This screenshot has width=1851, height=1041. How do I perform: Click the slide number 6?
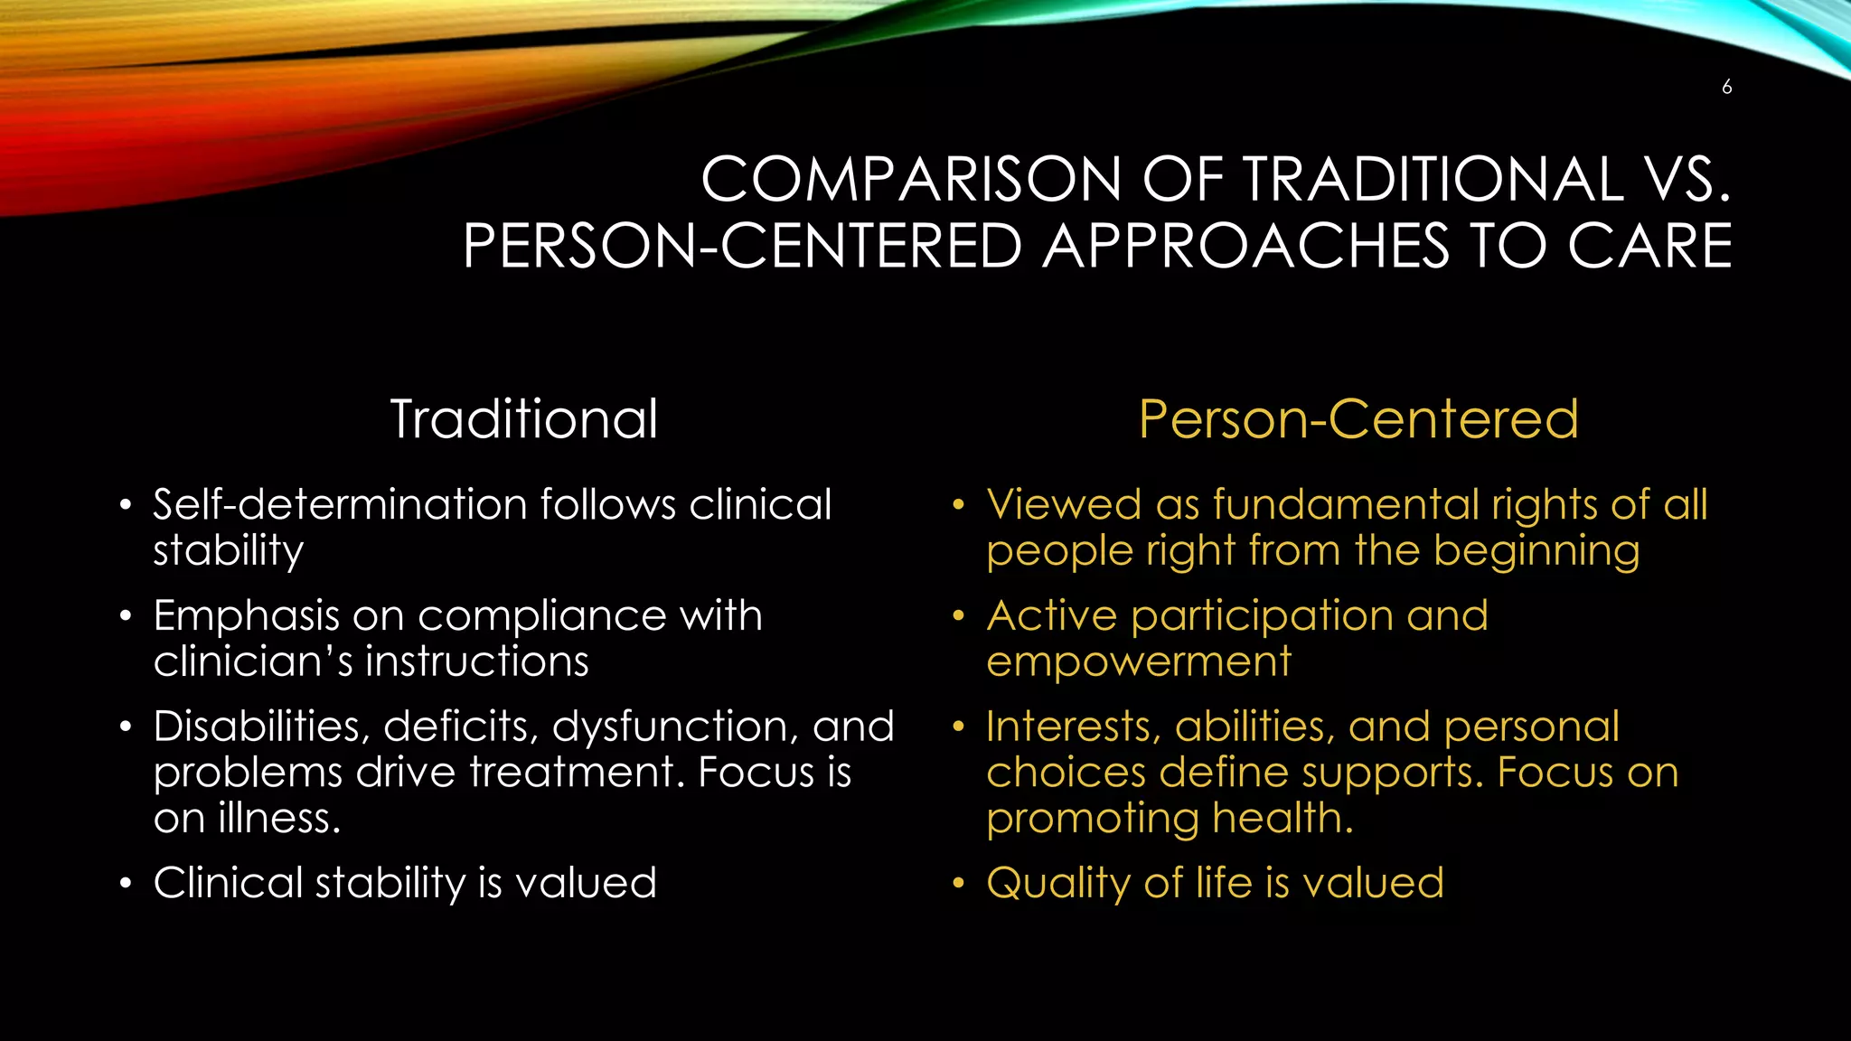pyautogui.click(x=1726, y=88)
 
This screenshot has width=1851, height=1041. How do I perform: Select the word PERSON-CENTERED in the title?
pyautogui.click(x=741, y=246)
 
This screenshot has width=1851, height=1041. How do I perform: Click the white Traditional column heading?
pyautogui.click(x=524, y=419)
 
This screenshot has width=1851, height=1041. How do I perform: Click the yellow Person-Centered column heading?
pyautogui.click(x=1358, y=419)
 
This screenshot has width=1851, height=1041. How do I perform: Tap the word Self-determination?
pyautogui.click(x=340, y=504)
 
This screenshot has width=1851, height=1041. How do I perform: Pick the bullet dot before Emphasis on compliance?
pyautogui.click(x=126, y=616)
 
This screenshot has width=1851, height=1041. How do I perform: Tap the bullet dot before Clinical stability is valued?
pyautogui.click(x=126, y=883)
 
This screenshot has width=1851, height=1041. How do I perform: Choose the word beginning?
pyautogui.click(x=1536, y=552)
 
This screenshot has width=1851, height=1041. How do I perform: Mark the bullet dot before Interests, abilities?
pyautogui.click(x=959, y=727)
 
